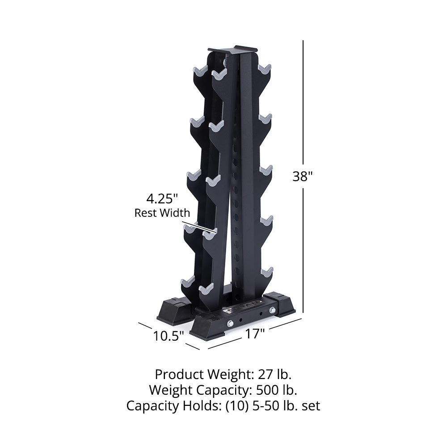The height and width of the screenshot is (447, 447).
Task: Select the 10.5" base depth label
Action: coord(169,336)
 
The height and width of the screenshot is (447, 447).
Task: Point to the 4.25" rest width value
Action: coord(162,198)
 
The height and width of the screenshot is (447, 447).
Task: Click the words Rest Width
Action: coord(162,213)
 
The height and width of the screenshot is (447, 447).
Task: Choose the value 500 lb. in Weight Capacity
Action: coord(276,390)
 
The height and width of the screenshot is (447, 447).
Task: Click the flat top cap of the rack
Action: coord(233,50)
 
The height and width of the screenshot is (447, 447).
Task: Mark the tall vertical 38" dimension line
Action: coord(304,112)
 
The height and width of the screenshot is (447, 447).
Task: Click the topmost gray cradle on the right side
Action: coord(265,69)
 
